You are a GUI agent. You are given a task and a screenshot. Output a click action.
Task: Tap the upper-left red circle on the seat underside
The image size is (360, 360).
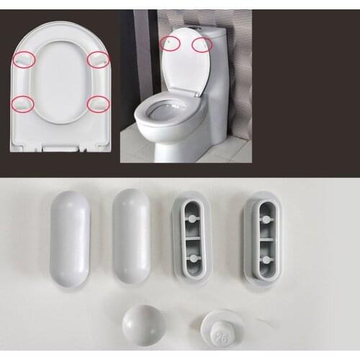click(24, 60)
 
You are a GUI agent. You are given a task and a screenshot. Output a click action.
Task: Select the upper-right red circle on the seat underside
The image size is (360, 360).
click(98, 60)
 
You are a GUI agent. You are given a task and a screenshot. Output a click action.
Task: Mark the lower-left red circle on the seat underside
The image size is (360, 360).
click(24, 104)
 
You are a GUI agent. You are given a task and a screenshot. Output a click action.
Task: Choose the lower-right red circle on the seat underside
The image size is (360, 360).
click(98, 104)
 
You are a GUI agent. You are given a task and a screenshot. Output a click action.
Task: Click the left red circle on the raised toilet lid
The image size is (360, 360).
click(170, 42)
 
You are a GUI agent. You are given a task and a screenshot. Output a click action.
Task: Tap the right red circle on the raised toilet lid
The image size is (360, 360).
click(202, 45)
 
